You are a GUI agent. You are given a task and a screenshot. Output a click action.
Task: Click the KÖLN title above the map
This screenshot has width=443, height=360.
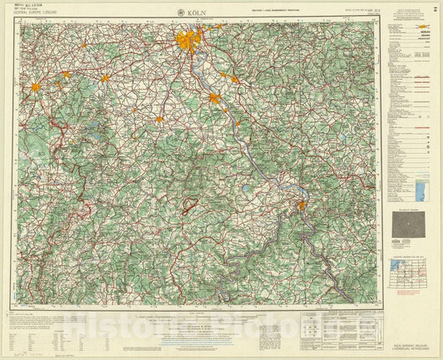pyautogui.click(x=198, y=12)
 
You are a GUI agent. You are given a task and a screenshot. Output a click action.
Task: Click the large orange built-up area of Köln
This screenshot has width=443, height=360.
pyautogui.click(x=188, y=39)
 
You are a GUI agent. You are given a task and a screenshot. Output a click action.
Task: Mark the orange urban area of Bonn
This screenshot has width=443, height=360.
pyautogui.click(x=214, y=98)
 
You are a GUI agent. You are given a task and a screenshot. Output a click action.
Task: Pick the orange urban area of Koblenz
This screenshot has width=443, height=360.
pyautogui.click(x=301, y=205)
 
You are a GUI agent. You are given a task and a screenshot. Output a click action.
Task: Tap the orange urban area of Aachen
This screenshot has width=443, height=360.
pyautogui.click(x=36, y=86)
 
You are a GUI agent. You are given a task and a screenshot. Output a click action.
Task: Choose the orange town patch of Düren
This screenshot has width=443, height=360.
pyautogui.click(x=106, y=78)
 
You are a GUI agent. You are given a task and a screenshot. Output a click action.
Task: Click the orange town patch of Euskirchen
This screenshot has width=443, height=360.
pyautogui.click(x=158, y=120)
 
